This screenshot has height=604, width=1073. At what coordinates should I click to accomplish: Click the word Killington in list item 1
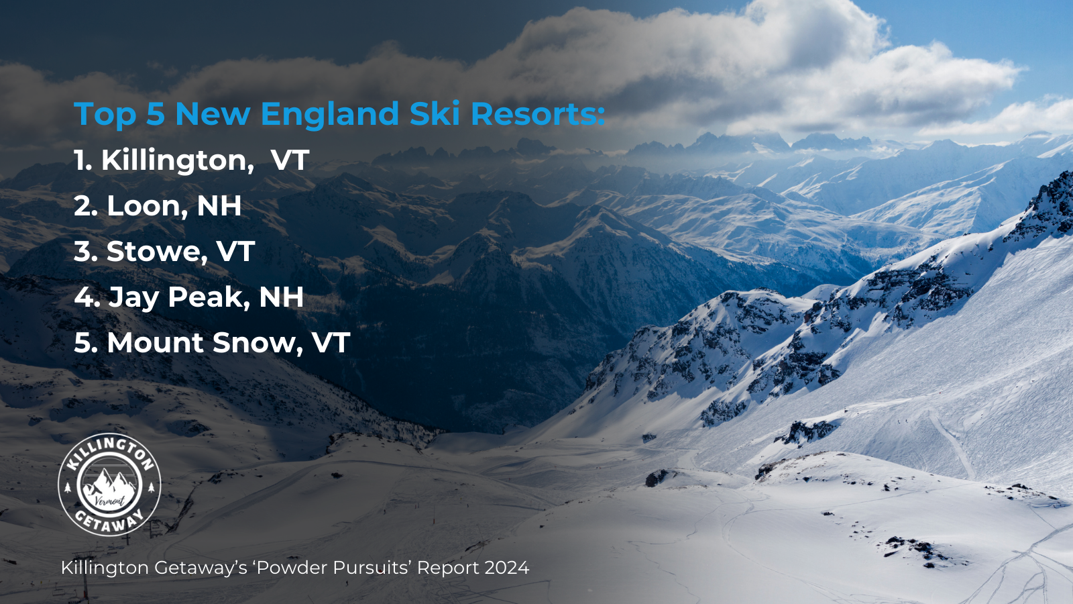click(178, 160)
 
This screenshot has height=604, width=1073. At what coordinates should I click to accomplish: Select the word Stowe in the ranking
click(157, 251)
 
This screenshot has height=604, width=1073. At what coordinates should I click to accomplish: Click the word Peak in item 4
click(209, 297)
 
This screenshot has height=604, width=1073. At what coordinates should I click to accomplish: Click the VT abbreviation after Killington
click(290, 160)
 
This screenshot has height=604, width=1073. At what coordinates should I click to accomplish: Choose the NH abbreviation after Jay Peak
click(281, 297)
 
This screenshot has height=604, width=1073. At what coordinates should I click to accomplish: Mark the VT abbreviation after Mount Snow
click(331, 343)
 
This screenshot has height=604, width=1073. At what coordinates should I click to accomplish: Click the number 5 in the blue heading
click(155, 114)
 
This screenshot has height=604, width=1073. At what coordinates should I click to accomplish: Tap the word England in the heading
click(329, 114)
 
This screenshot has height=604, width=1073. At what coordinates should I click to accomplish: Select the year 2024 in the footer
click(507, 568)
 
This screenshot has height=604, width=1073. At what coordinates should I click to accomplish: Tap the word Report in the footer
click(448, 568)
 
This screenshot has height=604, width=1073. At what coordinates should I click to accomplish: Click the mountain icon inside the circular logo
click(110, 483)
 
